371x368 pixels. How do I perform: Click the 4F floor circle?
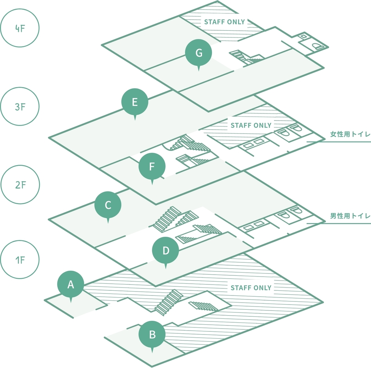point(20,28)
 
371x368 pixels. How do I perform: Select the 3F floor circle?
point(20,106)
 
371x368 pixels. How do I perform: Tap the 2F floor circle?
point(20,184)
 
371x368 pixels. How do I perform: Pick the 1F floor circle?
point(20,260)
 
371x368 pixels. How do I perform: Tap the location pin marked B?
point(152,335)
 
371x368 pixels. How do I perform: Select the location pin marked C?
point(108,205)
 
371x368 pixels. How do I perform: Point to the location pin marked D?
point(166,251)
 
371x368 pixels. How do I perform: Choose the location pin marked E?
point(135,103)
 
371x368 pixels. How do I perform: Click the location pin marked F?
point(152,167)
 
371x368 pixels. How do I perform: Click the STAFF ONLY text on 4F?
point(225,22)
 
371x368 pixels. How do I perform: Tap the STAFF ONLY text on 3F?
point(251,125)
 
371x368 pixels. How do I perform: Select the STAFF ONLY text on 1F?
point(251,288)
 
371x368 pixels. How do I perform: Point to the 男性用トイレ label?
point(350,216)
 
